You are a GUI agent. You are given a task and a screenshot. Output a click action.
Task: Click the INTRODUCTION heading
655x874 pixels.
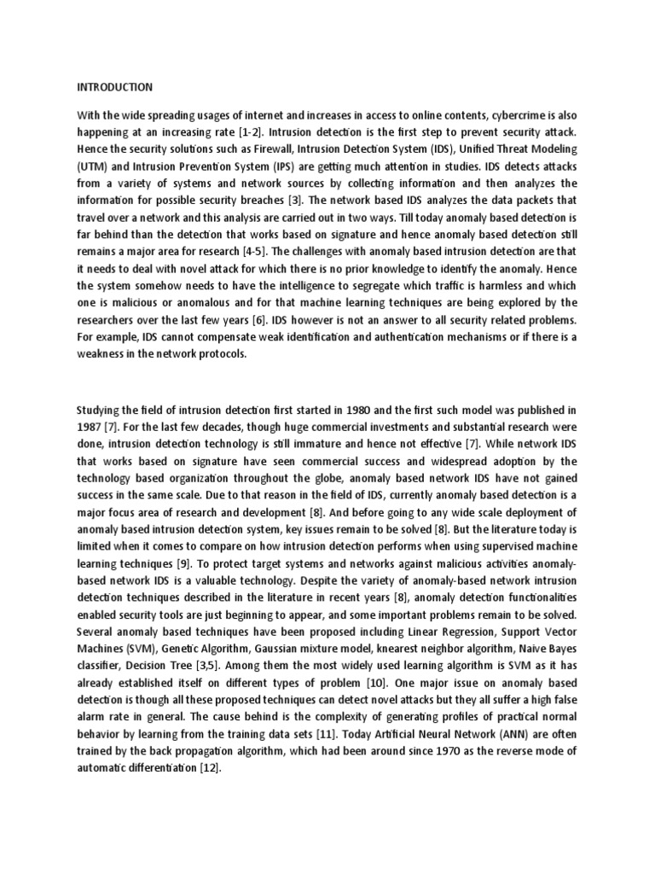[x=115, y=86]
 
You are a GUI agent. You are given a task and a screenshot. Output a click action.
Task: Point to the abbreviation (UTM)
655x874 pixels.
[x=92, y=167]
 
